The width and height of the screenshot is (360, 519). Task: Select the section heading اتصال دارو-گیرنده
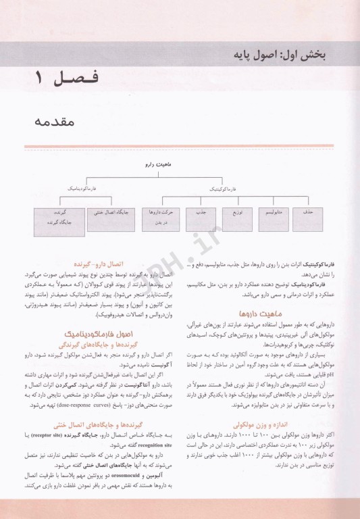[116, 266]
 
